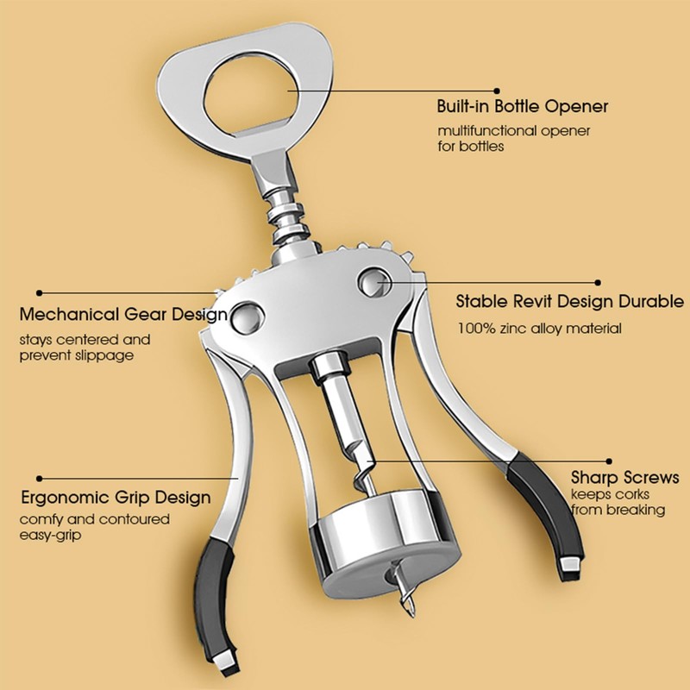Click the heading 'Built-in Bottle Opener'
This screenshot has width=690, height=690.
tap(523, 107)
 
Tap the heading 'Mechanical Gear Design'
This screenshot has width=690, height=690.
tap(123, 314)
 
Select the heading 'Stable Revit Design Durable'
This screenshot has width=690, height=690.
tap(569, 302)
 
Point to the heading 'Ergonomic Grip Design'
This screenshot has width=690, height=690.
tap(115, 498)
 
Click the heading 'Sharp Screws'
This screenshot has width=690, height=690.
tap(624, 477)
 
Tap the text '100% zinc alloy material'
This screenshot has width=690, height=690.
tap(538, 329)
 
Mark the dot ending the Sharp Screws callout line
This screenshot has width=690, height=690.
tap(609, 461)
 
